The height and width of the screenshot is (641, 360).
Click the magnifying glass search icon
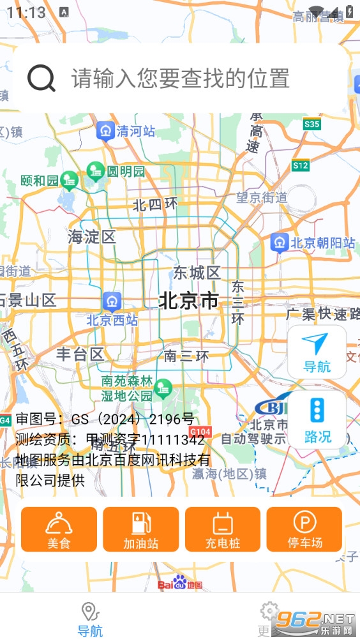click(x=41, y=79)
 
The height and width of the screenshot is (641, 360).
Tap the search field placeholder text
click(x=181, y=79)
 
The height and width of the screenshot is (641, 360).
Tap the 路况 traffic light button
click(x=317, y=419)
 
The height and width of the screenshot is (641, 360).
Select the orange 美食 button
click(x=59, y=529)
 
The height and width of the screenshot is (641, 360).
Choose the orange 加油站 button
click(x=140, y=529)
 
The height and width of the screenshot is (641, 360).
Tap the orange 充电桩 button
click(x=223, y=529)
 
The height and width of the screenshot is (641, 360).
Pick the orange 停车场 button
click(x=304, y=529)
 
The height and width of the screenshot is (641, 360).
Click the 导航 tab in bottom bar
click(x=90, y=619)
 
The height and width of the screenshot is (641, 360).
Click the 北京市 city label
click(x=188, y=300)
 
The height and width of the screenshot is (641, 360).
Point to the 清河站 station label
click(x=135, y=132)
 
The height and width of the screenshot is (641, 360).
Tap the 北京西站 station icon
click(x=112, y=300)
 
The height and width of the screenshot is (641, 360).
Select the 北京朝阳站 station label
click(x=322, y=243)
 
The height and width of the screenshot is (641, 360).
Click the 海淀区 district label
click(x=92, y=238)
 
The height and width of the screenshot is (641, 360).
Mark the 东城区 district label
click(x=197, y=273)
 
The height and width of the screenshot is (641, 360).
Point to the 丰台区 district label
click(x=80, y=354)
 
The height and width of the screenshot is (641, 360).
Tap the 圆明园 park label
click(x=126, y=171)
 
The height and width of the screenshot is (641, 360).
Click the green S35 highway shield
click(x=312, y=124)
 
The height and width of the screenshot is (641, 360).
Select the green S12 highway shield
click(x=301, y=166)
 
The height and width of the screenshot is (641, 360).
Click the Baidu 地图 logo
click(x=180, y=584)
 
